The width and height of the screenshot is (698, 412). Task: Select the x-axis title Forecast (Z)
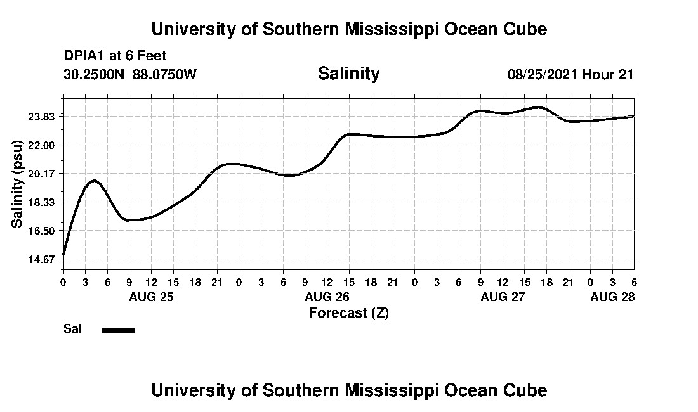[348, 312]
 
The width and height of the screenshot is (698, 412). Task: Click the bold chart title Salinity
[348, 74]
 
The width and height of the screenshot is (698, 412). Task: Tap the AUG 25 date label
[151, 297]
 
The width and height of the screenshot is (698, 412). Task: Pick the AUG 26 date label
[327, 297]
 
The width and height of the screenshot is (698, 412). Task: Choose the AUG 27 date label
[503, 297]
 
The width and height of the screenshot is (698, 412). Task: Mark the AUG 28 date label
[612, 297]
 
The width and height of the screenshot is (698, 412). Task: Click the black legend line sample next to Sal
[118, 330]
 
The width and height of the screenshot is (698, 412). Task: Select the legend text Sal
[72, 329]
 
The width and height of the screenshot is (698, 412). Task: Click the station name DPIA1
[84, 56]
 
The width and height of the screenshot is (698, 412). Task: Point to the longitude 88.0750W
[165, 74]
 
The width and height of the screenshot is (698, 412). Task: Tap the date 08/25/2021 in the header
[543, 74]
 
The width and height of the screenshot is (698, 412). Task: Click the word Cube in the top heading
[526, 29]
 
